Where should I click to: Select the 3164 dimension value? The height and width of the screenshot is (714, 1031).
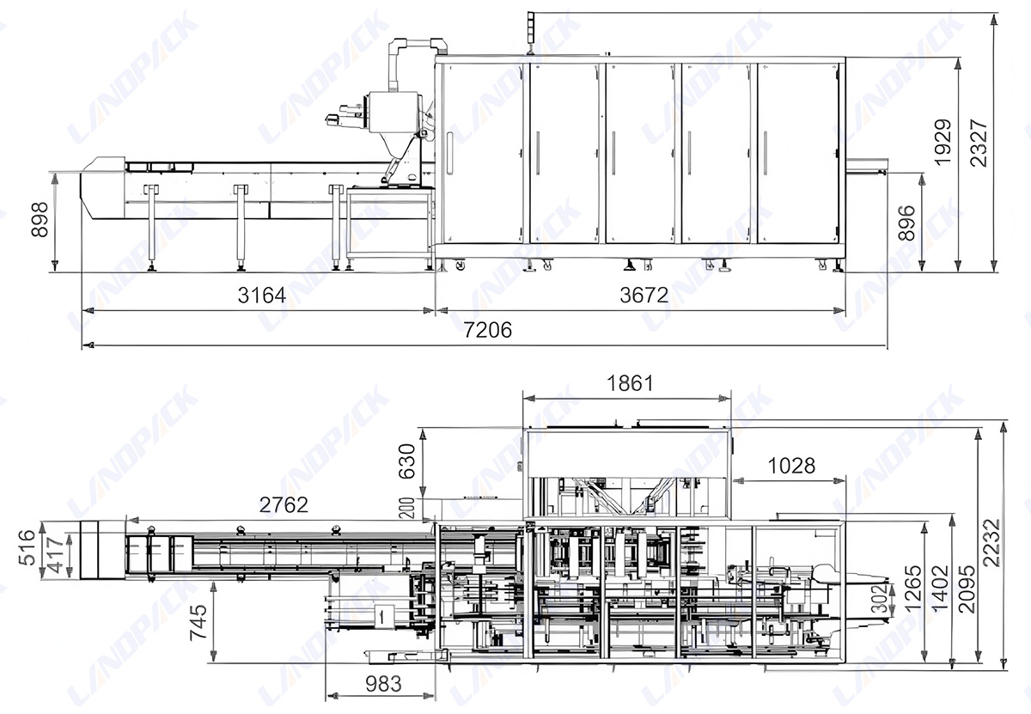point(260,296)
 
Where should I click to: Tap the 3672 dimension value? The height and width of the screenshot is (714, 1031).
point(644,296)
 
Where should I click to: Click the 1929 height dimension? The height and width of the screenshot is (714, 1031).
point(943,142)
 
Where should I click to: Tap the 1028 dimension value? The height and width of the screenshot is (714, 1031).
point(790,466)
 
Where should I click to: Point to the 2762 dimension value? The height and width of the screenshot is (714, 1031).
point(283,505)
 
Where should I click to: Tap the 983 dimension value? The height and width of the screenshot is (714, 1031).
point(376,685)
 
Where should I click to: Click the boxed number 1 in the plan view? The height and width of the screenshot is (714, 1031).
point(381,614)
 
